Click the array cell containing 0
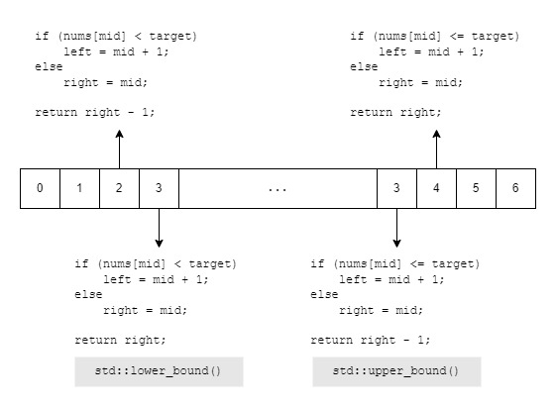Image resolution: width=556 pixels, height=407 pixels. pyautogui.click(x=40, y=188)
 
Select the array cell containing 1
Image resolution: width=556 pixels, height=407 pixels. pyautogui.click(x=80, y=188)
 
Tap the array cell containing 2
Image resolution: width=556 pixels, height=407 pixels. pyautogui.click(x=120, y=188)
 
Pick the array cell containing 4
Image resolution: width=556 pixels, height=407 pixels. pyautogui.click(x=436, y=188)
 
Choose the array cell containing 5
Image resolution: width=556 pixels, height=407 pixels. pyautogui.click(x=476, y=188)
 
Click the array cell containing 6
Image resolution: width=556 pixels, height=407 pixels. pyautogui.click(x=516, y=188)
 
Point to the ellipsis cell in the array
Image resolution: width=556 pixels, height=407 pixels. pyautogui.click(x=278, y=188)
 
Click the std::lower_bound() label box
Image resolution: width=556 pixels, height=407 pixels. pyautogui.click(x=159, y=371)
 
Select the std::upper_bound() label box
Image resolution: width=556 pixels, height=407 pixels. pyautogui.click(x=396, y=371)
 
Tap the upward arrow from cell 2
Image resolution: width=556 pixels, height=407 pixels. pyautogui.click(x=120, y=150)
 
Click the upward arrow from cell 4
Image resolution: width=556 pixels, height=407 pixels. pyautogui.click(x=436, y=150)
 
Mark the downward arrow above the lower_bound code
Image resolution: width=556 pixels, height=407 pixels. pyautogui.click(x=160, y=228)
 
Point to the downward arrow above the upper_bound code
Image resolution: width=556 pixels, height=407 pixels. pyautogui.click(x=396, y=228)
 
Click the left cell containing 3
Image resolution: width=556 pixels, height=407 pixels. pyautogui.click(x=160, y=188)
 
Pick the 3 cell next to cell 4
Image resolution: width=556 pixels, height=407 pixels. pyautogui.click(x=396, y=188)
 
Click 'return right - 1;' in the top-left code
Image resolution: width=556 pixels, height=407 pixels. pyautogui.click(x=95, y=113)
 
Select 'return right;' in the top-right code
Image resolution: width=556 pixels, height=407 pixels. pyautogui.click(x=395, y=113)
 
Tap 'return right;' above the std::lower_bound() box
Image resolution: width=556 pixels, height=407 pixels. pyautogui.click(x=120, y=341)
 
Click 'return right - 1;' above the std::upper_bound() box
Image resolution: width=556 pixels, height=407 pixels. pyautogui.click(x=371, y=341)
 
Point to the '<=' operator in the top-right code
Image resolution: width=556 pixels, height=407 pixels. pyautogui.click(x=457, y=36)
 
